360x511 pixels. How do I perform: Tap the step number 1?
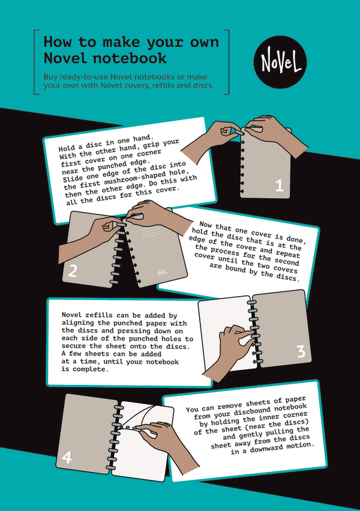point(278,186)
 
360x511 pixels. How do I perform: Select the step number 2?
point(73,271)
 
